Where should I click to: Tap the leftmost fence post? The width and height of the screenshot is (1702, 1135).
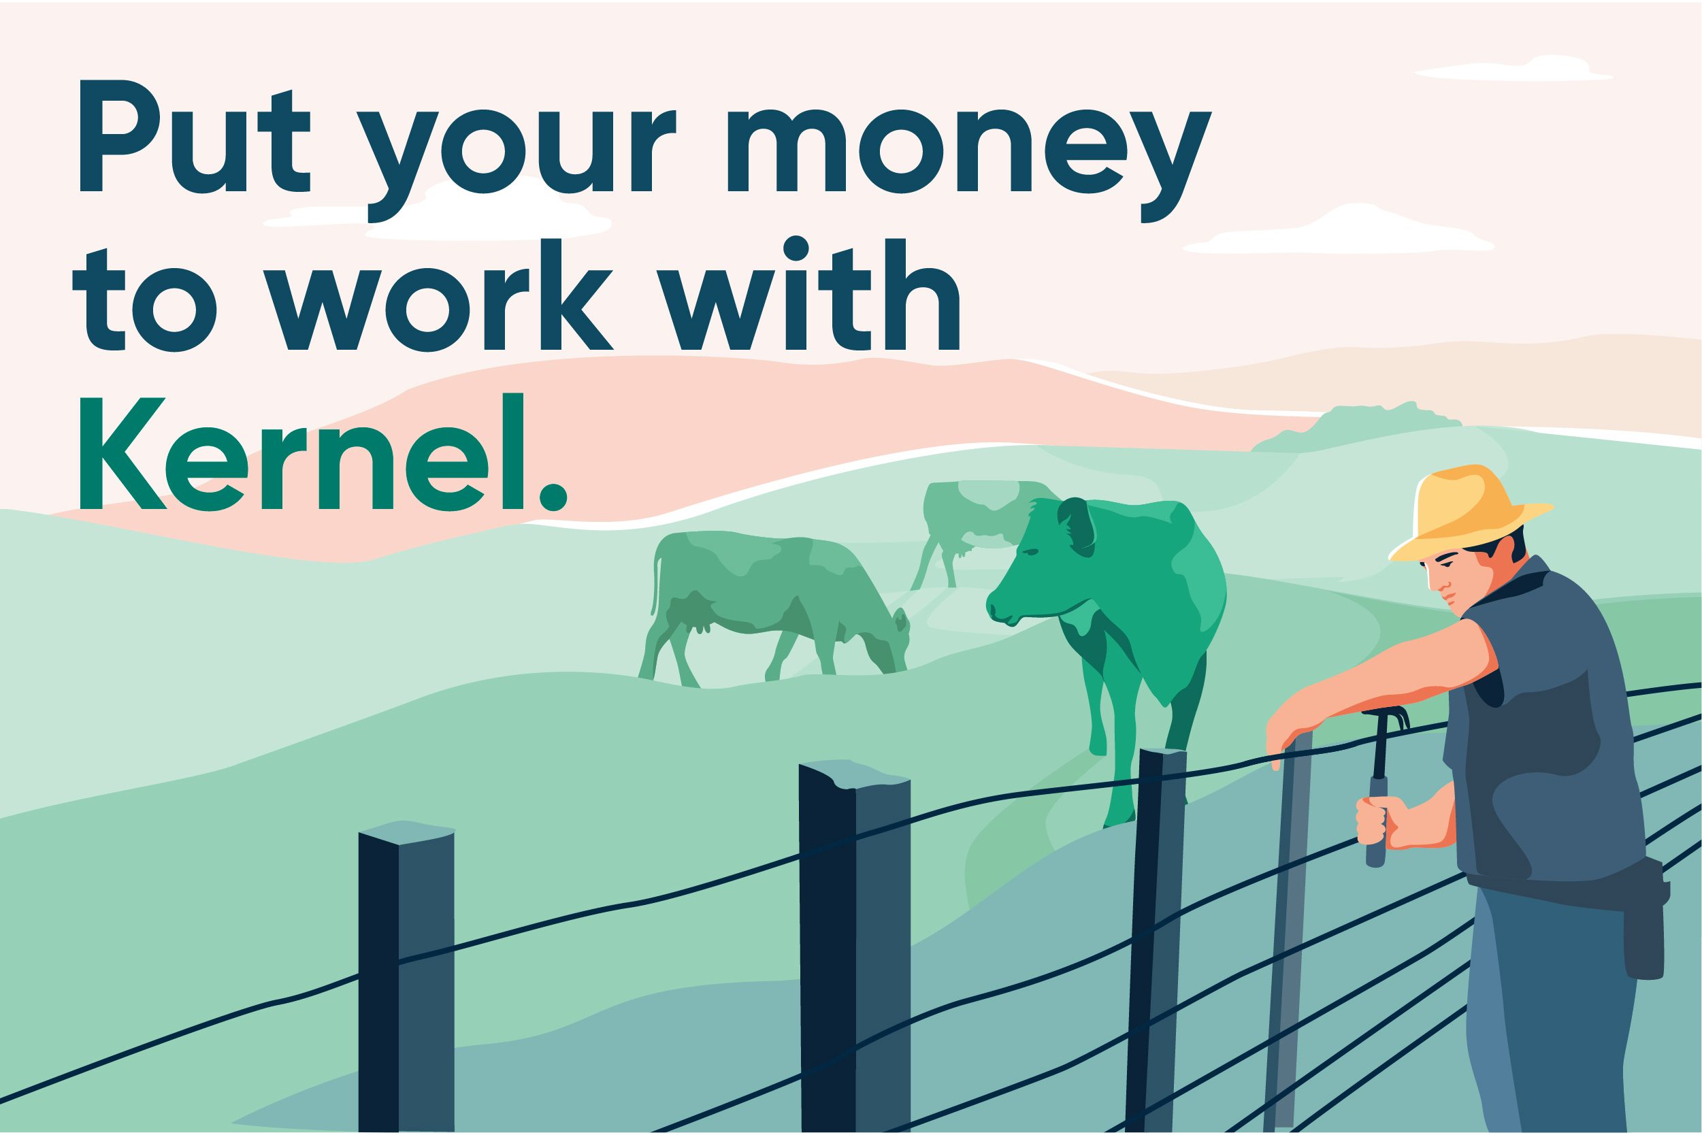coord(406,977)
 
